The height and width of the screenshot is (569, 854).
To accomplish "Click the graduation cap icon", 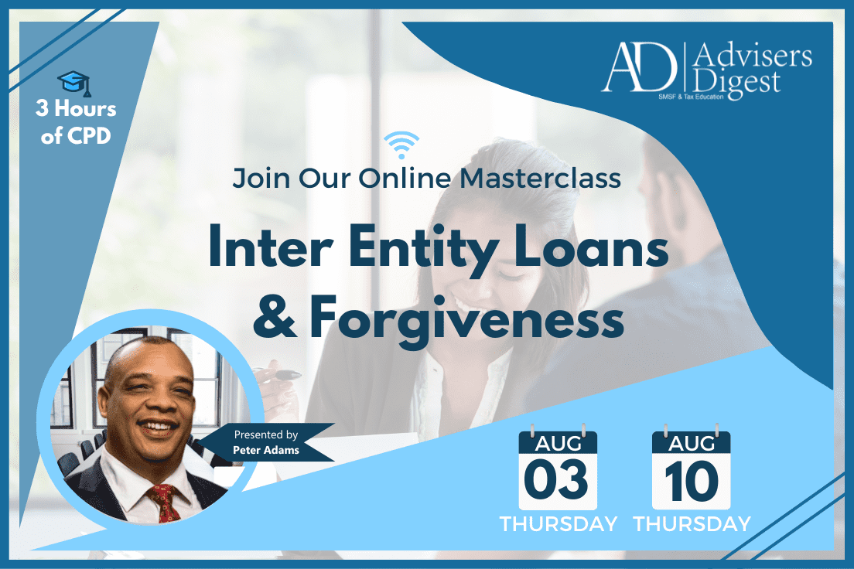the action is click(x=74, y=83).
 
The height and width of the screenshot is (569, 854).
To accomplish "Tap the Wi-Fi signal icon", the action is click(x=401, y=145).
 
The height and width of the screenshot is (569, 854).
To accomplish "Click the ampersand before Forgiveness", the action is click(x=275, y=317).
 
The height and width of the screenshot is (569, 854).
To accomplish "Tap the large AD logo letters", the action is click(x=639, y=67).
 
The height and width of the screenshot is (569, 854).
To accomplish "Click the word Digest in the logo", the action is click(x=736, y=83).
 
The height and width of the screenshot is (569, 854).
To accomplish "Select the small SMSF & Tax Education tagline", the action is click(x=691, y=97).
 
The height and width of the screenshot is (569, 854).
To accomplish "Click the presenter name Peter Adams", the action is click(x=266, y=450).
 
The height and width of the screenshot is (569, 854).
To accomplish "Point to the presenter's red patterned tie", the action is click(x=165, y=502).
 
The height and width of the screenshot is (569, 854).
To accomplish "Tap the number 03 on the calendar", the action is click(x=556, y=479).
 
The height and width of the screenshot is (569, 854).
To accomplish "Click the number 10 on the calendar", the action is click(x=692, y=481).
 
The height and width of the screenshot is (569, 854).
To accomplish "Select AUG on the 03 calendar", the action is click(x=559, y=444).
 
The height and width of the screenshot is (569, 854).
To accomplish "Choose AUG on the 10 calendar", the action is click(x=692, y=444).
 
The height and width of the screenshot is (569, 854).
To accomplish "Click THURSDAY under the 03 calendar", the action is click(x=559, y=524).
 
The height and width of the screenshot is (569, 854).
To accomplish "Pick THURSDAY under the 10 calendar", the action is click(x=692, y=524).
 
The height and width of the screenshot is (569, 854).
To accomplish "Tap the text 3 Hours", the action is click(x=76, y=108).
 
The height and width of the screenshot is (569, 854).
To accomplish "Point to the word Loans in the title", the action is click(x=591, y=247).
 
